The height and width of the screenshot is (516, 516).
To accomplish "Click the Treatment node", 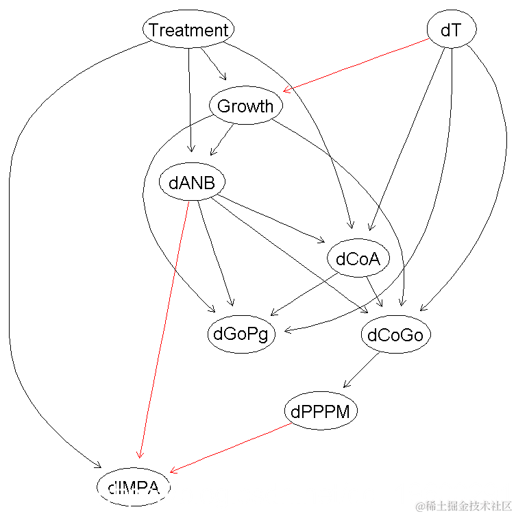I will [188, 30].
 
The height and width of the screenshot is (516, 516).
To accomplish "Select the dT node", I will [451, 30].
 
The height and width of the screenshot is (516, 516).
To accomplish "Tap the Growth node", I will [245, 106].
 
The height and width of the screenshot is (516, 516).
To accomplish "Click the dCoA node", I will [358, 259].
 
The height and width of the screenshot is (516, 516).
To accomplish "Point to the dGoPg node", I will [241, 335].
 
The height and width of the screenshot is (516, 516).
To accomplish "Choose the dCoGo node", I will [395, 335].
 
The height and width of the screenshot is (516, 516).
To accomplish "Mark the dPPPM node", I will [321, 412].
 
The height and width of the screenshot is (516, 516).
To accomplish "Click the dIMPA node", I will [134, 488].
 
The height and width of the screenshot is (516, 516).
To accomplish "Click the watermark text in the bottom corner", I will [458, 506].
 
